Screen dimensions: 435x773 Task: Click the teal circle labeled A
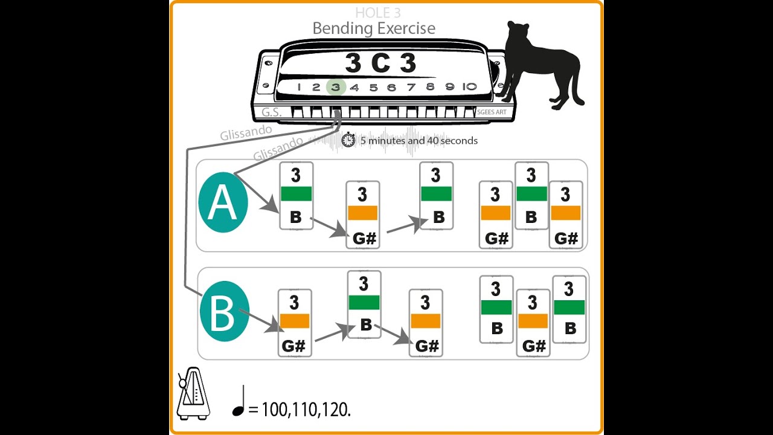pos(223,203)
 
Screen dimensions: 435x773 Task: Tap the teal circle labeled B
pos(224,313)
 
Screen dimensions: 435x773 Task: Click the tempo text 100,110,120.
pos(306,409)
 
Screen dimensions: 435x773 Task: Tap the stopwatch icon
pos(348,140)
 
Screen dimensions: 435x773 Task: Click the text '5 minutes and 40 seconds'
pos(419,141)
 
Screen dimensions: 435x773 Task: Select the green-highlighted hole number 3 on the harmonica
pos(336,87)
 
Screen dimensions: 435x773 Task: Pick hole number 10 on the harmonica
pos(469,86)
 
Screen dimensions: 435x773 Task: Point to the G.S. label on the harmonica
pos(272,112)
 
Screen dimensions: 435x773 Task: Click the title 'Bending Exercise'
pos(373,28)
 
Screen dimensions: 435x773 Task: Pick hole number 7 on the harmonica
pos(411,87)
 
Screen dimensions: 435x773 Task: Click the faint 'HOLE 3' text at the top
pos(377,13)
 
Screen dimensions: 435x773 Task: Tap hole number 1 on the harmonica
pos(298,87)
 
